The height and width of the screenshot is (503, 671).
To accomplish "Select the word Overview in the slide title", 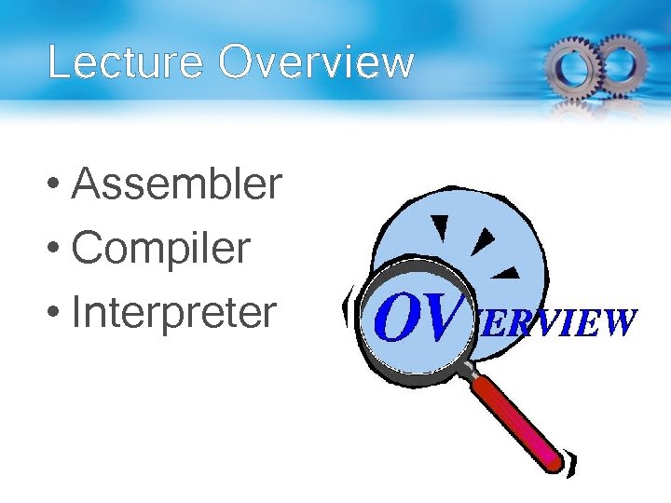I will coord(317,63).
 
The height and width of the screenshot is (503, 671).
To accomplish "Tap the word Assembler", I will coord(176,184).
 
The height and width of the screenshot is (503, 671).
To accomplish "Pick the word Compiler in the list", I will coord(161,249).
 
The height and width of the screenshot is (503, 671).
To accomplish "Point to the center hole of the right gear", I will coord(623,61).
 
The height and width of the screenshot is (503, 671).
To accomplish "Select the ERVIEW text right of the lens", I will coord(557,322).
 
